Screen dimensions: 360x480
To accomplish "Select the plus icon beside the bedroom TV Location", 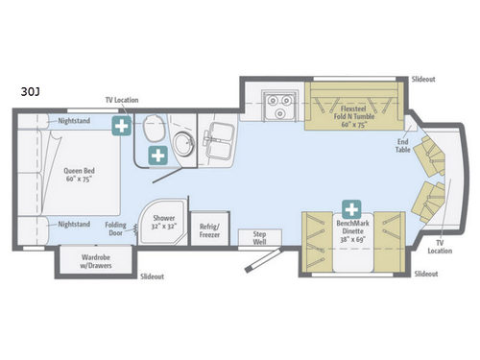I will [121, 127].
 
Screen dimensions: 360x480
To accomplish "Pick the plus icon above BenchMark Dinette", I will [351, 208].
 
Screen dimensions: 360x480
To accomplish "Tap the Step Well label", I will [259, 236].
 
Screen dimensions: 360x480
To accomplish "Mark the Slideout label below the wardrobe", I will [152, 276].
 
